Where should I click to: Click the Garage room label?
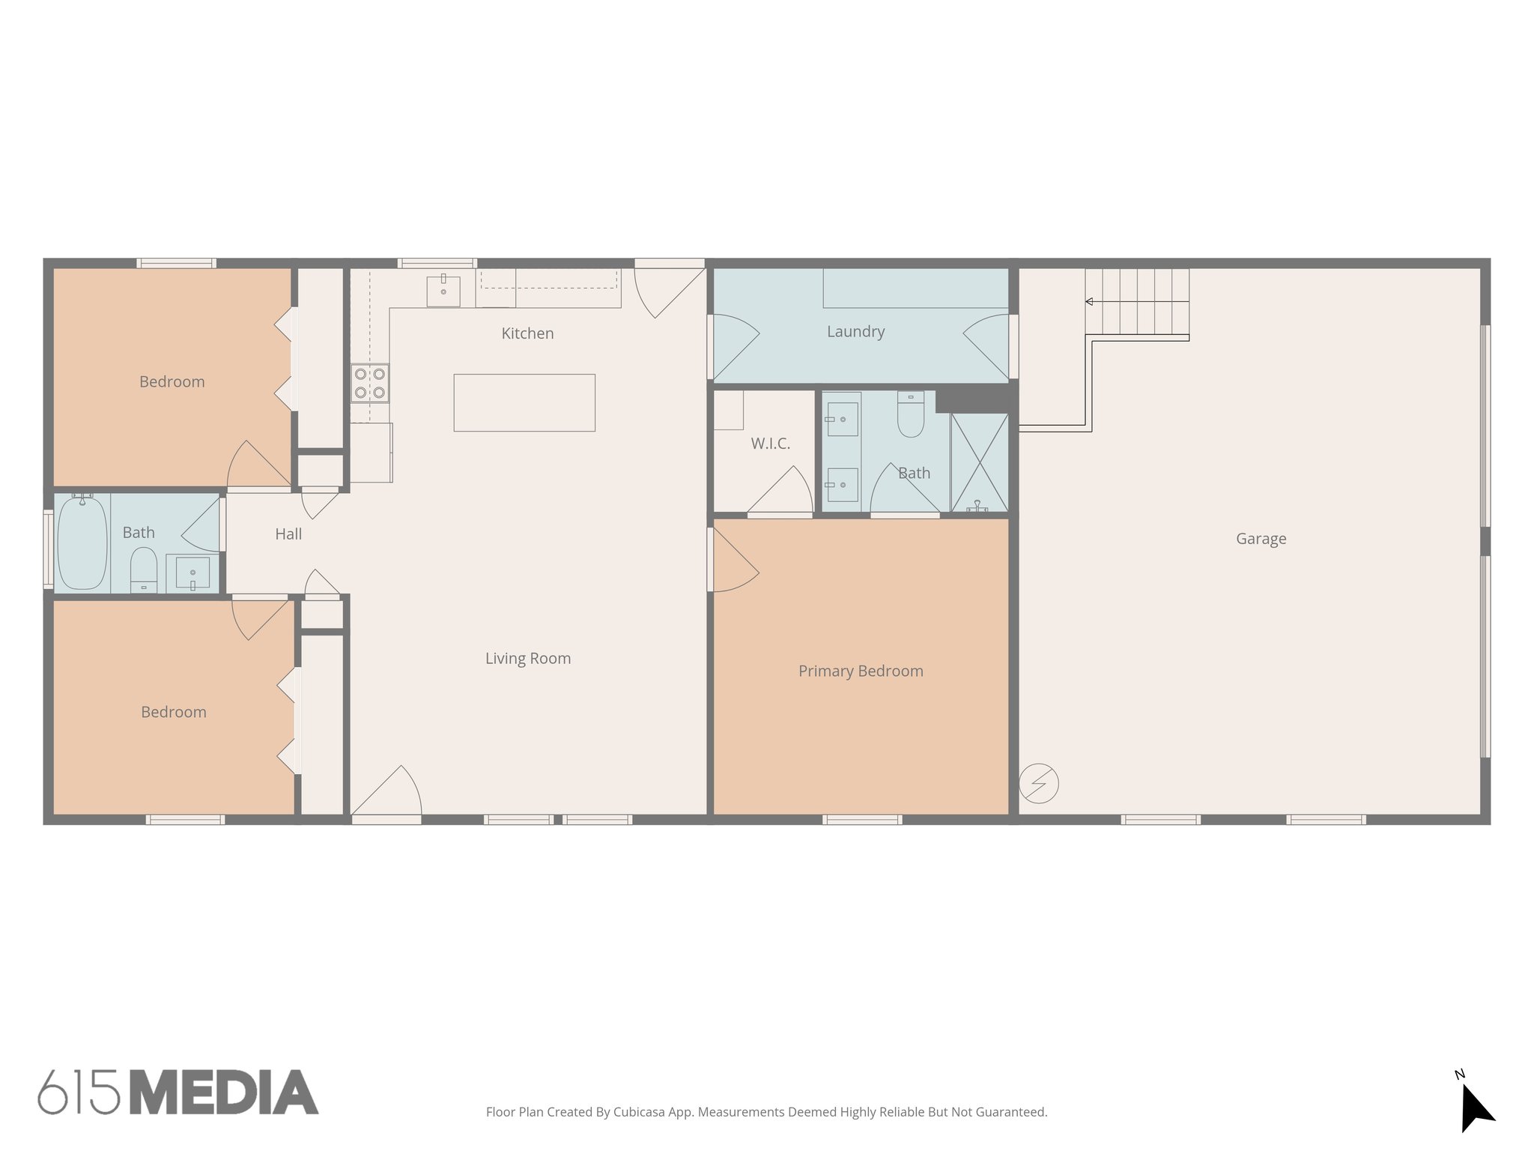(1261, 539)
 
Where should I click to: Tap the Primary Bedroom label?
(861, 671)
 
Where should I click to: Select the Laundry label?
(855, 331)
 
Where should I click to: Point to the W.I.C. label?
(770, 444)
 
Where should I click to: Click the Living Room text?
(528, 659)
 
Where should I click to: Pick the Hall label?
(288, 534)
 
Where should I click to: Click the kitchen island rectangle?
(524, 402)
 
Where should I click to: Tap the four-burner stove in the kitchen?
(370, 383)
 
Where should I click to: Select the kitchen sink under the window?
(443, 291)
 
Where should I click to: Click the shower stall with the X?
(979, 462)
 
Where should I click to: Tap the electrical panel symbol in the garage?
(1039, 784)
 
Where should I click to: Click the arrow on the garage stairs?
(1090, 302)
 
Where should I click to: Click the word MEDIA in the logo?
(224, 1093)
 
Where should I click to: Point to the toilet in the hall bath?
(143, 570)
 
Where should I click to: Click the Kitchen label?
(527, 333)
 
